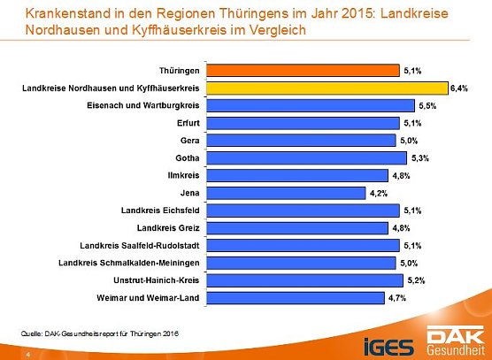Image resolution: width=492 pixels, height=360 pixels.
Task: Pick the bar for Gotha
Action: coord(306,158)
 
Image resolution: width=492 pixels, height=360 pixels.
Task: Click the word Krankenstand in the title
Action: coord(68,13)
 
